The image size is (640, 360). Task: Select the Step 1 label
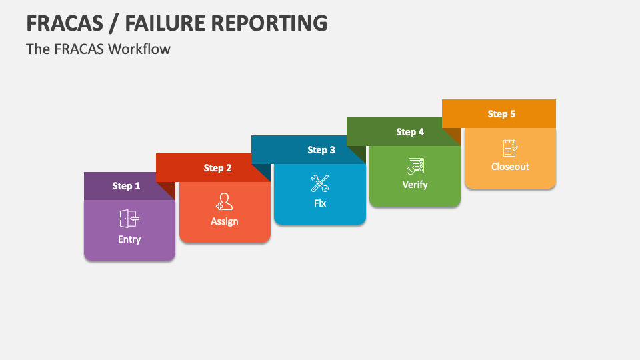click(126, 186)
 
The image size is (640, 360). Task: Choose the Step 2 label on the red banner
click(217, 168)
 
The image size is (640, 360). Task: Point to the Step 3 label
click(321, 150)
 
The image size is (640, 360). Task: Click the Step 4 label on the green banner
click(410, 132)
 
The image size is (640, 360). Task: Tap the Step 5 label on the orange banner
click(501, 114)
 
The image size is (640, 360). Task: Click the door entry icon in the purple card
click(129, 219)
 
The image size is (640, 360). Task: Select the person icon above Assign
click(225, 201)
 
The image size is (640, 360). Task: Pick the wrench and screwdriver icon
click(320, 183)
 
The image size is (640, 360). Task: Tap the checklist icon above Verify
click(415, 166)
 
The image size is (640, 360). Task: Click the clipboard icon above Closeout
click(510, 148)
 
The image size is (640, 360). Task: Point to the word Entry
click(129, 239)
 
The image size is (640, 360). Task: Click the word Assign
click(225, 221)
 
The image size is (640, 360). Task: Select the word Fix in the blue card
click(320, 203)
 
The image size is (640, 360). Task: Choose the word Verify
click(415, 185)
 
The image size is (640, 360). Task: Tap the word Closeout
click(510, 167)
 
